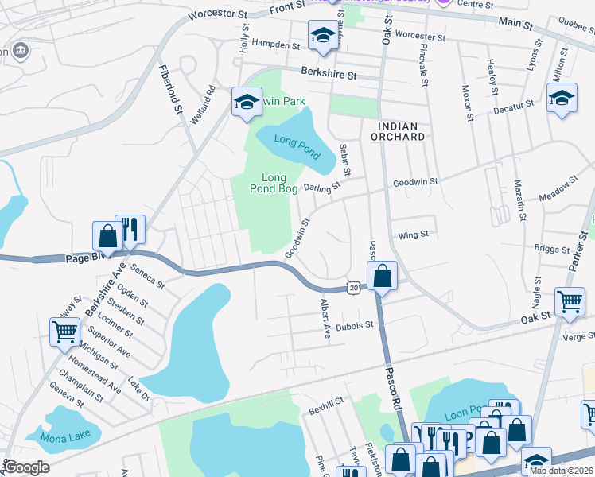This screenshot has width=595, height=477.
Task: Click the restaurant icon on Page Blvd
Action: pos(130,230)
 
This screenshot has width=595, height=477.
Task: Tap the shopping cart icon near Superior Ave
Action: pos(64,331)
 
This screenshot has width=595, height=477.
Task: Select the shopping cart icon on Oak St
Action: pos(570,302)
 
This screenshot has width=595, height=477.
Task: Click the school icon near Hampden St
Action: pos(323,36)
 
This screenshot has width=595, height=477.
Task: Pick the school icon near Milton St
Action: pos(562,98)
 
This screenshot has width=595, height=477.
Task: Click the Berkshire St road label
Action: pos(329,72)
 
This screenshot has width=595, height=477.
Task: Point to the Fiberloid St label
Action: pos(171,88)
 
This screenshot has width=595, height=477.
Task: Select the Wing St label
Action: pos(414,235)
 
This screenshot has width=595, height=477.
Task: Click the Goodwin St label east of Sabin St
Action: pos(415,182)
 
